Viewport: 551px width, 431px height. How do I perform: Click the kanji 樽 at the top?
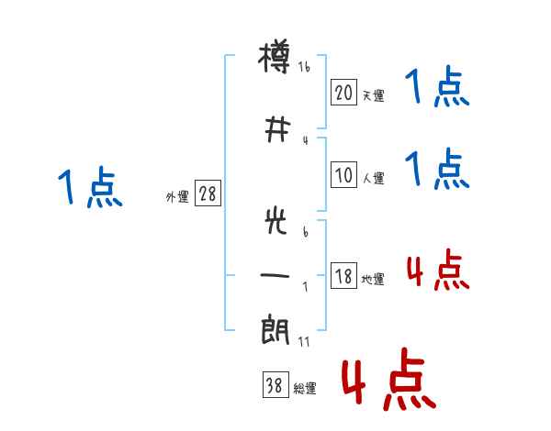click(275, 56)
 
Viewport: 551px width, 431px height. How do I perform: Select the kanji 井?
click(277, 129)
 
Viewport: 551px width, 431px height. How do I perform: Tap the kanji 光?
click(276, 221)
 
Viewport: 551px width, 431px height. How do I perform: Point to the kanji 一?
click(275, 275)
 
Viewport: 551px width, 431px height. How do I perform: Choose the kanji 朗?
click(275, 330)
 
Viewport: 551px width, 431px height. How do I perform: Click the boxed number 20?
click(343, 93)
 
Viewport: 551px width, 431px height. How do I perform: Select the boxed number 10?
click(343, 175)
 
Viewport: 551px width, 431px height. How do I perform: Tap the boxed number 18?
click(343, 275)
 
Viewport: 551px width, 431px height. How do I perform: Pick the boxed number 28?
click(208, 193)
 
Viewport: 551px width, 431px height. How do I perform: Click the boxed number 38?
click(275, 384)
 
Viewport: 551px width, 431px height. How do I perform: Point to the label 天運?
click(374, 95)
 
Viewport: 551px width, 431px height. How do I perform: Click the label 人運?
click(374, 178)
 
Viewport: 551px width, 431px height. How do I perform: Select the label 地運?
click(373, 279)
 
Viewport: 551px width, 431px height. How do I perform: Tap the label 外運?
click(177, 197)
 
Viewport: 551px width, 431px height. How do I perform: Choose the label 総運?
click(305, 389)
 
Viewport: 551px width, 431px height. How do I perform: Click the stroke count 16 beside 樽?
click(304, 67)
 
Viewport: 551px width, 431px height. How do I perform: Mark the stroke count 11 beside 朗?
click(304, 342)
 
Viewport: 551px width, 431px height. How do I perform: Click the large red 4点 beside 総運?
click(389, 379)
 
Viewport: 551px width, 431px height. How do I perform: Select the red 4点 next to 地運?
click(437, 270)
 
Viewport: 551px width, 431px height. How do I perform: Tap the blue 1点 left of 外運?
click(90, 187)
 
